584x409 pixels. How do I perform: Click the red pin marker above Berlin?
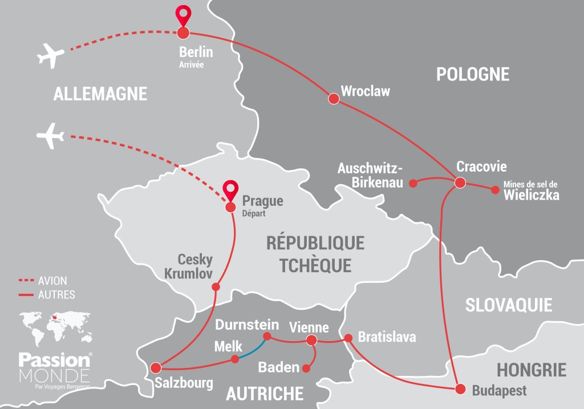pyautogui.click(x=183, y=15)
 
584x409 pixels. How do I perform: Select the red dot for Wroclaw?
pyautogui.click(x=334, y=99)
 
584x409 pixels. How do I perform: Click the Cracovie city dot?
pyautogui.click(x=460, y=183)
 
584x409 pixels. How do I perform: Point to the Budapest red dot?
pyautogui.click(x=460, y=389)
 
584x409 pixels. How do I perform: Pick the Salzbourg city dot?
pyautogui.click(x=155, y=367)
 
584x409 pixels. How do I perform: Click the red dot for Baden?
pyautogui.click(x=306, y=368)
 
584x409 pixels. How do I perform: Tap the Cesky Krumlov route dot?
pyautogui.click(x=216, y=287)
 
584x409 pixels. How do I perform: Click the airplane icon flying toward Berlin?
pyautogui.click(x=51, y=56)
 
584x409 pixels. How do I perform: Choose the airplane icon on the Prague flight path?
pyautogui.click(x=50, y=137)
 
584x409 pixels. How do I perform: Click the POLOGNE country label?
pyautogui.click(x=472, y=74)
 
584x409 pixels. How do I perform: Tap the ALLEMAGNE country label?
pyautogui.click(x=100, y=94)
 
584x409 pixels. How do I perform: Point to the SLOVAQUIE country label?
pyautogui.click(x=509, y=305)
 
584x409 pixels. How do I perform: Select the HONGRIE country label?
pyautogui.click(x=531, y=370)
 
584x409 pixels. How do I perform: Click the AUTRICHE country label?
pyautogui.click(x=265, y=393)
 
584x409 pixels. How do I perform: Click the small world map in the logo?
pyautogui.click(x=54, y=325)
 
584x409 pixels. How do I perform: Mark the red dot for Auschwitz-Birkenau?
pyautogui.click(x=415, y=183)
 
